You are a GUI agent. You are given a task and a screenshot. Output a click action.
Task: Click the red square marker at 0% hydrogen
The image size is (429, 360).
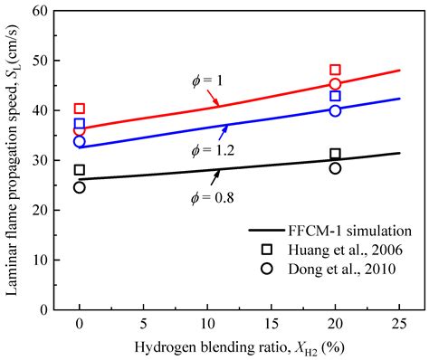(x=80, y=109)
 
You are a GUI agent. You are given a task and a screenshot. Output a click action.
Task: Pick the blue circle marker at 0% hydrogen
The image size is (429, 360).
(x=80, y=141)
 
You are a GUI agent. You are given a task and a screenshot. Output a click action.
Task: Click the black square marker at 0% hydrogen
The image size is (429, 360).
(x=80, y=170)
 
